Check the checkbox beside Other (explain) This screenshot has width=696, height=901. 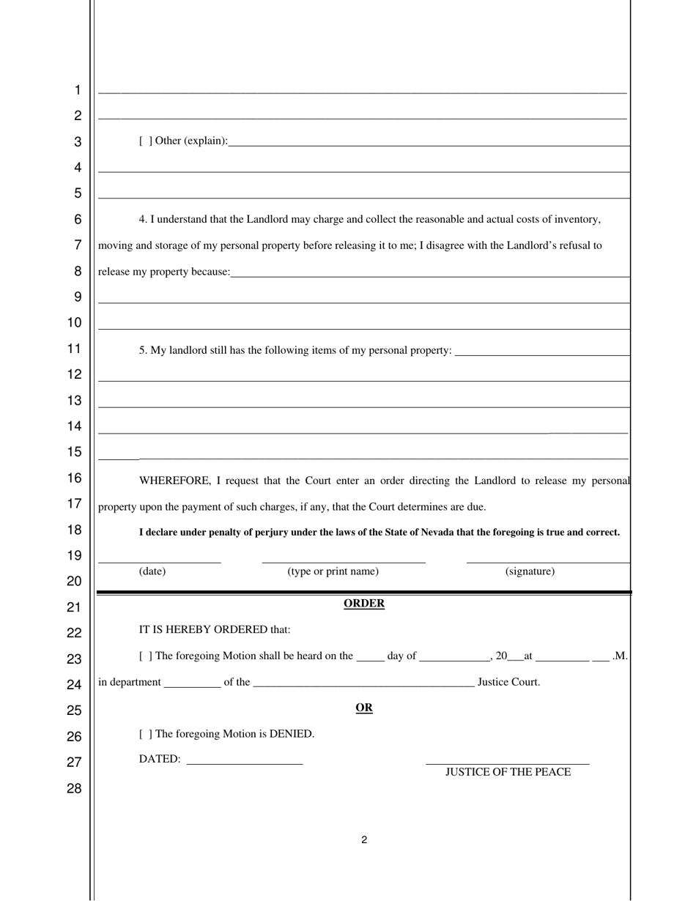click(146, 141)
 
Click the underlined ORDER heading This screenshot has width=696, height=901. click(364, 604)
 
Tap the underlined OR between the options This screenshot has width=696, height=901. click(364, 708)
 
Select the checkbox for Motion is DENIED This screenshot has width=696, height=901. click(146, 734)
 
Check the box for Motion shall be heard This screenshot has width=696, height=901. click(146, 656)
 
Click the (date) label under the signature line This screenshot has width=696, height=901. click(152, 571)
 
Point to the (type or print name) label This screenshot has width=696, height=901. click(333, 571)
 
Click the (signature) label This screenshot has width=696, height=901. click(530, 571)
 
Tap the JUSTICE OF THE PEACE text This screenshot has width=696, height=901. click(508, 772)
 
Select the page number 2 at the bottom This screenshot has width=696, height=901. click(364, 840)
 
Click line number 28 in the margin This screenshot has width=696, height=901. click(75, 789)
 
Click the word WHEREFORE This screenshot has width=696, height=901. click(174, 481)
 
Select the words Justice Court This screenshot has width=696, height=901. click(508, 682)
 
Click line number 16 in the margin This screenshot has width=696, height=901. click(75, 478)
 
